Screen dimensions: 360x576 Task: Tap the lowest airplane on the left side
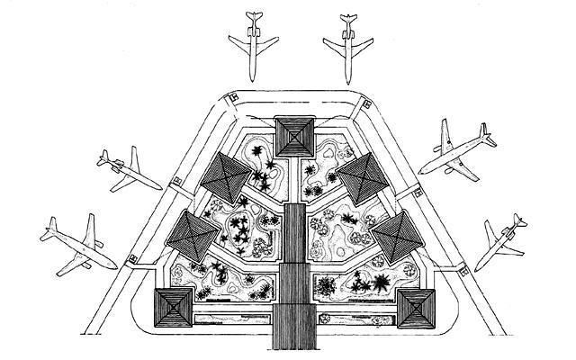click(79, 243)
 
